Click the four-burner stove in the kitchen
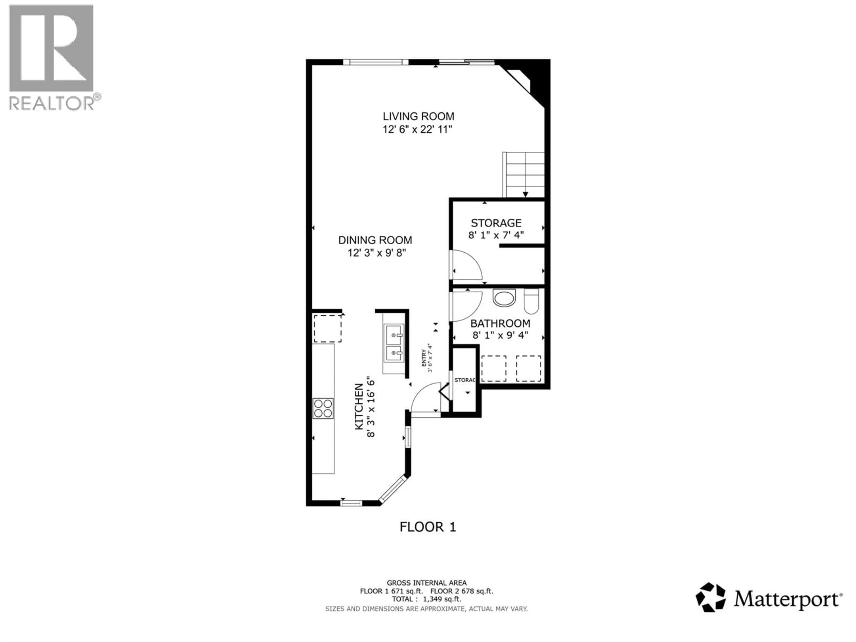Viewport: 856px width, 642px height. (x=323, y=408)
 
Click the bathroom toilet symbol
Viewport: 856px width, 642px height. (x=531, y=301)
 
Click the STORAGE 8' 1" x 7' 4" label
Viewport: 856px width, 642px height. (x=496, y=229)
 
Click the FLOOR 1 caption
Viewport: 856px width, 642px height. (x=428, y=527)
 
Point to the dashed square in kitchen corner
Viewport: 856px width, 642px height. (x=327, y=329)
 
